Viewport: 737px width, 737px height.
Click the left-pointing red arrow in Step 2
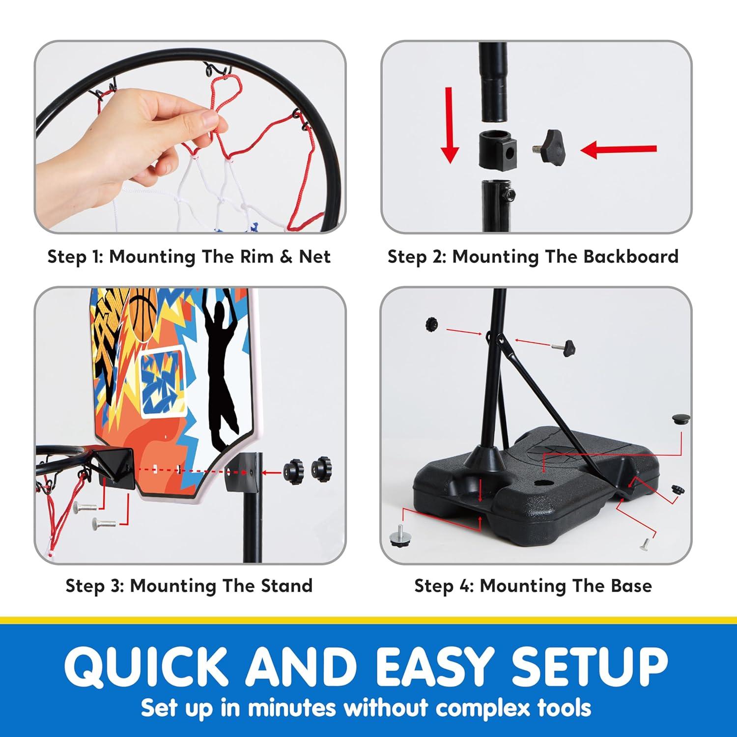click(x=618, y=150)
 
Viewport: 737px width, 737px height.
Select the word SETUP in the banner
click(x=590, y=667)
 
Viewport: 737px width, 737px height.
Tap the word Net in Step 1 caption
click(x=314, y=256)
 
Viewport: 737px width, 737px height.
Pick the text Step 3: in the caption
click(x=94, y=586)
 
